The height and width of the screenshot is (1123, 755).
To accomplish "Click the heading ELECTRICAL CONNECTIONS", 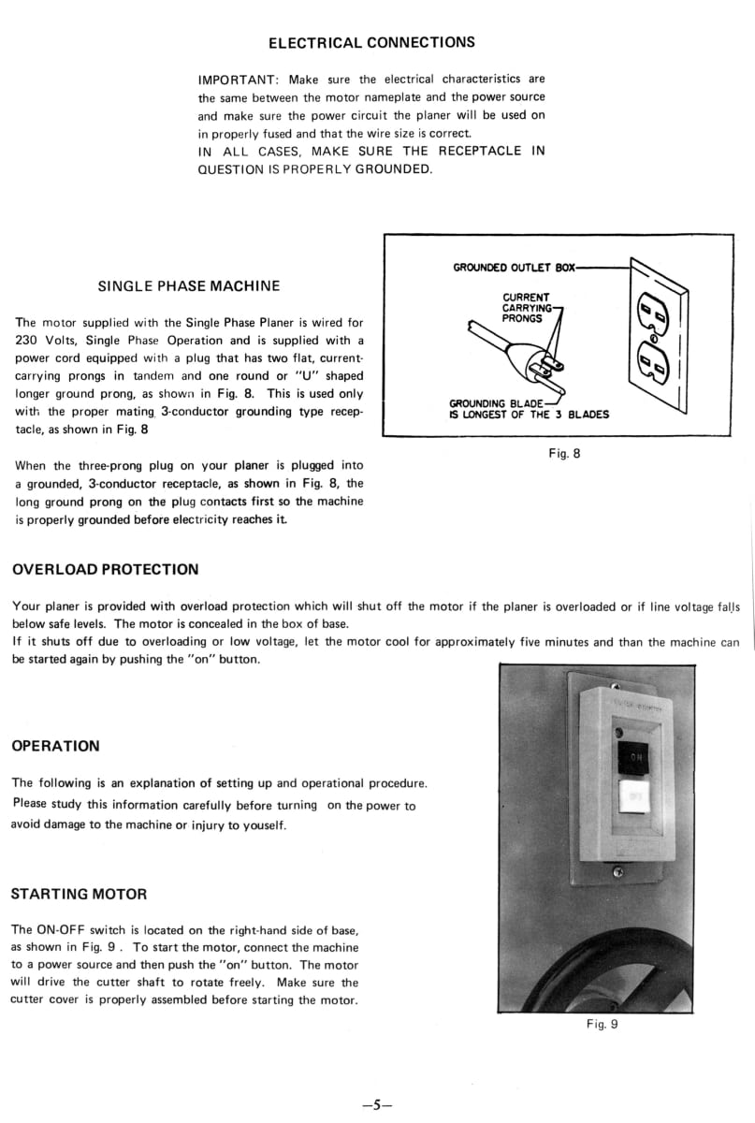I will click(x=371, y=43).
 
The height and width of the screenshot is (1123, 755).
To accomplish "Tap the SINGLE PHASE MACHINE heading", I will click(x=188, y=285).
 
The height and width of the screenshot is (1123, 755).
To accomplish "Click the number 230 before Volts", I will click(x=29, y=341).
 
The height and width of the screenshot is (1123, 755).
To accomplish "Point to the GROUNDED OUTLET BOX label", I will click(x=513, y=268).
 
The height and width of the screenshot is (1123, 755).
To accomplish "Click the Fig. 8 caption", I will click(x=564, y=454).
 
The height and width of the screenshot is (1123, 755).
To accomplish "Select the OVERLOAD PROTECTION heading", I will click(x=105, y=569).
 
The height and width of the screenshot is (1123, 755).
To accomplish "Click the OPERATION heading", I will click(x=55, y=746).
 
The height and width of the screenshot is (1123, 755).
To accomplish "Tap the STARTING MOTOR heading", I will click(x=79, y=894).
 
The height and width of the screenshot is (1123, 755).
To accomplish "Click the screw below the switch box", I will click(x=617, y=873).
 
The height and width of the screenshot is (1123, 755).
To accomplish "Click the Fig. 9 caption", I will click(x=603, y=1024).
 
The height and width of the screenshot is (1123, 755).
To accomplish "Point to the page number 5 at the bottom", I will click(x=376, y=1104).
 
